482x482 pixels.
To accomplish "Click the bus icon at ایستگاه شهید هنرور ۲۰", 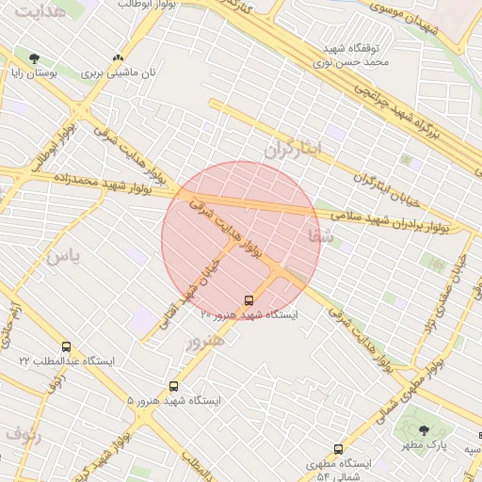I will (249, 300).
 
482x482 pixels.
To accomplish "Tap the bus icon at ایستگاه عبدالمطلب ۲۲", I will (66, 346).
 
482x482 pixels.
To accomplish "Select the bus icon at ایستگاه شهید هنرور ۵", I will (173, 386).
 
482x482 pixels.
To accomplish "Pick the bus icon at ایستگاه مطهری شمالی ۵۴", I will (338, 450).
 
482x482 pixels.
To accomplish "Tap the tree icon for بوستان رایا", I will (35, 58).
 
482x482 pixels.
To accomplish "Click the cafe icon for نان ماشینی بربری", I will (118, 58).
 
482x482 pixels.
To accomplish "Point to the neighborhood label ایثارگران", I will (292, 149).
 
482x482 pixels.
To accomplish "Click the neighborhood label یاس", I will (63, 255).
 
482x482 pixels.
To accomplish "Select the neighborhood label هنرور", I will (205, 342).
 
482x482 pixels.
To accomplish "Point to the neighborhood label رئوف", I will (23, 435).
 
